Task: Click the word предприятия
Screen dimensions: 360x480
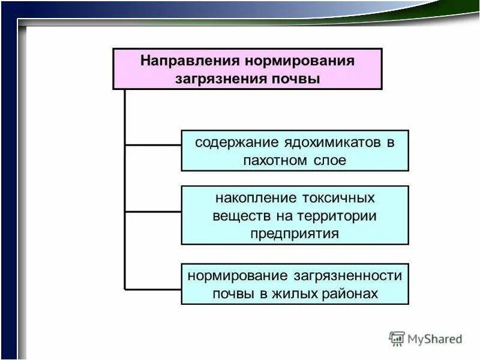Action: (x=295, y=233)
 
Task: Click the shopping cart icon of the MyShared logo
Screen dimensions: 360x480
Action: (x=397, y=338)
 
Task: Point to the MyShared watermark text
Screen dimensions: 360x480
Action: (x=435, y=339)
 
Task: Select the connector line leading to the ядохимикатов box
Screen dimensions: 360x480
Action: (x=153, y=145)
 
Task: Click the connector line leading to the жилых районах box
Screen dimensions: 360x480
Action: (x=153, y=288)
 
